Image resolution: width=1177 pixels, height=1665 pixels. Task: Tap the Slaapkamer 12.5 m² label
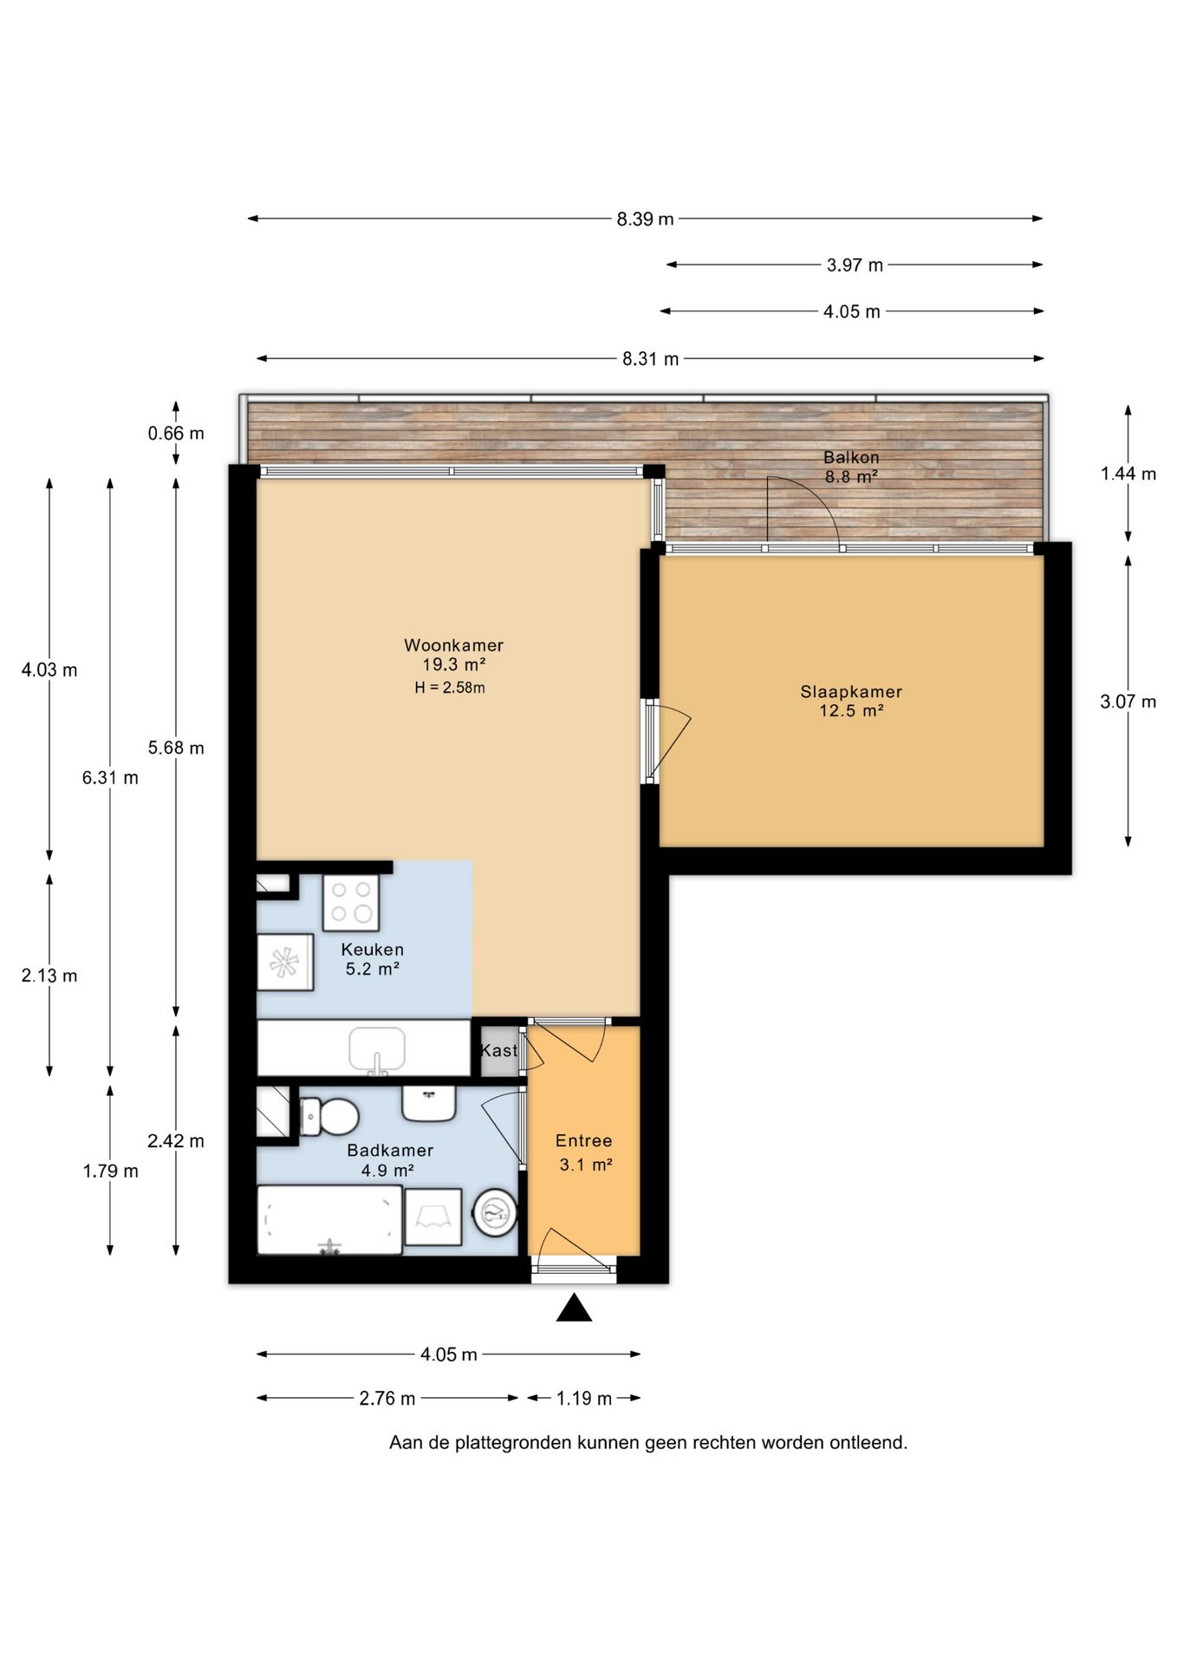tap(851, 702)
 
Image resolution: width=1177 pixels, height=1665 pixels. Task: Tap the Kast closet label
tap(499, 1050)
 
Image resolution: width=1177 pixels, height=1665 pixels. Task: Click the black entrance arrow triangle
tap(574, 1308)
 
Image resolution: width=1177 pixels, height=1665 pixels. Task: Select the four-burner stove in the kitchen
tap(351, 902)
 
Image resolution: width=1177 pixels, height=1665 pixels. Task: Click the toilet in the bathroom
tap(329, 1117)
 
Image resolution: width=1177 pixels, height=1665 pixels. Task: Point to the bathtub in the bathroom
tap(329, 1219)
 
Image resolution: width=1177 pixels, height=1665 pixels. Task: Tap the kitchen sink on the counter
tap(377, 1050)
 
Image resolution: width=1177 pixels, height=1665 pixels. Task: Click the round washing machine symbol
tap(495, 1211)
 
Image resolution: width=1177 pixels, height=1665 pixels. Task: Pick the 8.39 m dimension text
tap(645, 219)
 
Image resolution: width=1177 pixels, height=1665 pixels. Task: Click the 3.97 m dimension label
tap(855, 265)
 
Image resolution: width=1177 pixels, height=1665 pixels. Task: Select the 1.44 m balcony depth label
tap(1128, 473)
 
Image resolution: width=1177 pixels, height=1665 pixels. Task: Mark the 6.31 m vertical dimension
tap(110, 778)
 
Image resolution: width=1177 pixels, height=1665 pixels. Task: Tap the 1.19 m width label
tap(584, 1398)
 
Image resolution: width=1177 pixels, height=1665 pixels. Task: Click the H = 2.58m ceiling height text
tap(450, 689)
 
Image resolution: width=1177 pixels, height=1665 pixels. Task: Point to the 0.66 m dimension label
tap(176, 433)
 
